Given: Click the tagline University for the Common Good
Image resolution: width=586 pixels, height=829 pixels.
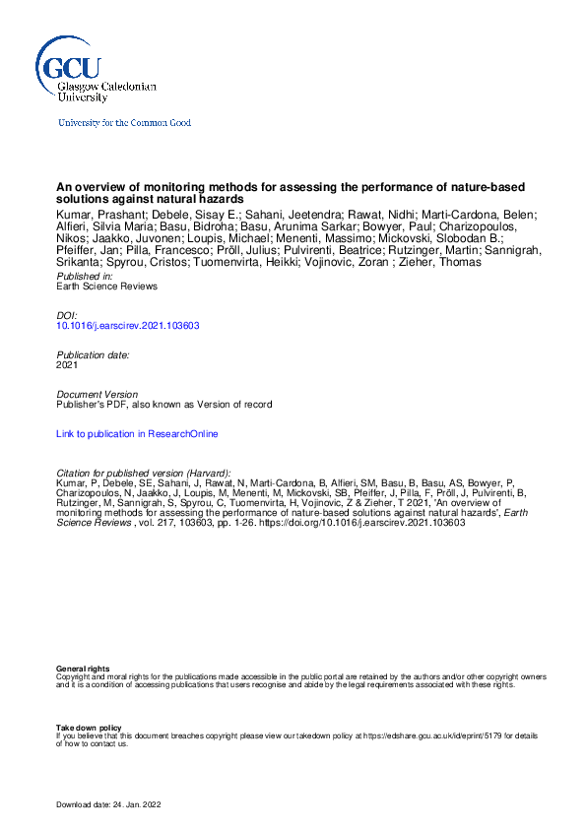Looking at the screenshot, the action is [124, 123].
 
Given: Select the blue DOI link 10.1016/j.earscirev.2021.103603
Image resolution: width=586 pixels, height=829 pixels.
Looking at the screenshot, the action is [129, 326].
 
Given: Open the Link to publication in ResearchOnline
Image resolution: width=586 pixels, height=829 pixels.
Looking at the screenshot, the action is [137, 433].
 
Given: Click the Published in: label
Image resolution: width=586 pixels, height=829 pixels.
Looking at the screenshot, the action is [86, 277].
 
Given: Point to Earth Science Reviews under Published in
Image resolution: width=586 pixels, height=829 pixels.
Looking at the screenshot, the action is [106, 287].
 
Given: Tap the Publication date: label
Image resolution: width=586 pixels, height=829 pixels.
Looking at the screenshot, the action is [93, 354].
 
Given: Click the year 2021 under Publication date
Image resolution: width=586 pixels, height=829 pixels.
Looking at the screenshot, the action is [68, 364].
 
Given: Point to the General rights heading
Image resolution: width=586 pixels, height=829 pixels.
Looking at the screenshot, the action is [83, 670].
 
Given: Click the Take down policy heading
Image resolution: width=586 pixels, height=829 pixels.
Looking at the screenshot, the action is [89, 728].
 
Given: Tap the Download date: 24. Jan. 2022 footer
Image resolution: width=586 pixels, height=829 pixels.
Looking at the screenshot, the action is [108, 804].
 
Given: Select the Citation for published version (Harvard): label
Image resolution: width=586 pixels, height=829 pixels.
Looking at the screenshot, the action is [144, 473].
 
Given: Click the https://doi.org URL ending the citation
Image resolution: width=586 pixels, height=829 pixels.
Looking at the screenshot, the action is [369, 523].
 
